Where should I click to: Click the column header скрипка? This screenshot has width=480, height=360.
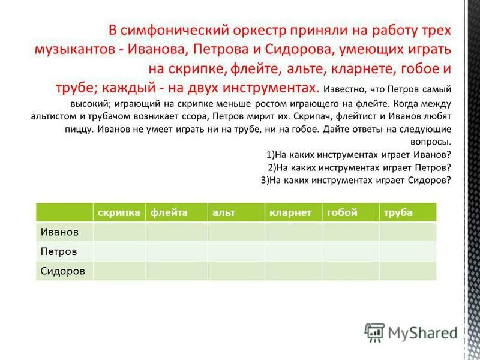(x=119, y=213)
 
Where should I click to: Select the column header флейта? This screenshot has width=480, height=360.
(x=169, y=213)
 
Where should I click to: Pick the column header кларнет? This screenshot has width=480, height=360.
(x=291, y=213)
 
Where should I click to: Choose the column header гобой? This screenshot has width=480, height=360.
(x=342, y=213)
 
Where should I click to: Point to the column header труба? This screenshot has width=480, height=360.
(x=398, y=213)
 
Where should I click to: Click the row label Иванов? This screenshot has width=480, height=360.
(x=59, y=232)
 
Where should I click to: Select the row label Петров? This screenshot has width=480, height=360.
(x=58, y=251)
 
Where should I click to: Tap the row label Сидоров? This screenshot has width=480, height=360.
(x=62, y=271)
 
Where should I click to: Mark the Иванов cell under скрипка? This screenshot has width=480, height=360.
(x=119, y=232)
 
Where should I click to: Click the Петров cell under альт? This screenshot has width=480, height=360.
(x=236, y=251)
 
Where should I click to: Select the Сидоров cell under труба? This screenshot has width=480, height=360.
(x=407, y=271)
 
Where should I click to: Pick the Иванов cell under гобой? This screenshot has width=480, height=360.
(x=350, y=232)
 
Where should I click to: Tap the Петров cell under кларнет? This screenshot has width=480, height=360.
(x=293, y=251)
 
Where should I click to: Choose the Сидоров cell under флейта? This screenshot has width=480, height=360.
(x=176, y=271)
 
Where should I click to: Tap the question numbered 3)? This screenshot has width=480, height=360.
(x=356, y=180)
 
